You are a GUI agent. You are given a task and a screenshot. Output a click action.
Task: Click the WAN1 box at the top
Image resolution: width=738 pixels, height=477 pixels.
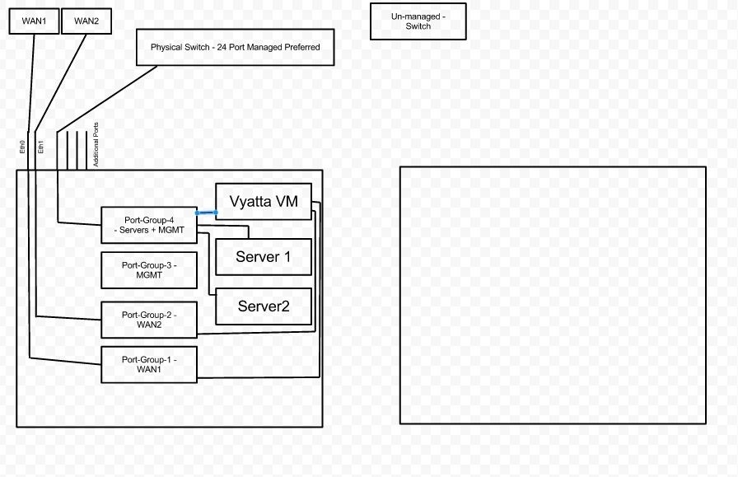pos(34,21)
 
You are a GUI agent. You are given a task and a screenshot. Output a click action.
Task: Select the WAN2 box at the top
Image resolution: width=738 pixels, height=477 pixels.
pos(86,21)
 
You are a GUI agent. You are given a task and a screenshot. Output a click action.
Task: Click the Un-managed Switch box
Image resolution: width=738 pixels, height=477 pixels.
pos(418,21)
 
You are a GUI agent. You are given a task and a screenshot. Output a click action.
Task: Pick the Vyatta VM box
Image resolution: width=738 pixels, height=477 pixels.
pos(264,202)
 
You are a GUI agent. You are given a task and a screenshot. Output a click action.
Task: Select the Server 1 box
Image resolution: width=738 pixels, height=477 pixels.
pos(264,257)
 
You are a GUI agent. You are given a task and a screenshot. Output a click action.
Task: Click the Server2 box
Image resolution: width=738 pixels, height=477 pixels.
pos(264,306)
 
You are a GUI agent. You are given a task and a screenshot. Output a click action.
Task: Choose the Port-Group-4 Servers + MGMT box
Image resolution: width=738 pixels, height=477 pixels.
pos(148,225)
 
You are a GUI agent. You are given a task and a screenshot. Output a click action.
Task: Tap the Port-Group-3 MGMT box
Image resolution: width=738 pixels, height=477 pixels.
pos(148,270)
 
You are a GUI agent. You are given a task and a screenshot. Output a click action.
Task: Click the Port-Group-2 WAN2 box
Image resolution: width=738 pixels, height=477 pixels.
pos(148,320)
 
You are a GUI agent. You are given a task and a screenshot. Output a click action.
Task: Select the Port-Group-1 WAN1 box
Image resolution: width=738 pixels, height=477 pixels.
pos(148,365)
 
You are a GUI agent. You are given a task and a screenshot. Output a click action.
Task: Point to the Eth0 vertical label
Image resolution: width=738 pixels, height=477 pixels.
pos(22,147)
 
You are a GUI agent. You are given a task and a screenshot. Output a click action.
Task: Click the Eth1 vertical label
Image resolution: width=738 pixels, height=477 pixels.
pos(42,147)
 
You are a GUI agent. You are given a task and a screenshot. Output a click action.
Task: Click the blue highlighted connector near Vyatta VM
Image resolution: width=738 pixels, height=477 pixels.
pos(206,213)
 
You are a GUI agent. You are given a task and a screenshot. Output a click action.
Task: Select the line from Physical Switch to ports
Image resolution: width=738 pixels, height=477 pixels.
pos(107,99)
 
